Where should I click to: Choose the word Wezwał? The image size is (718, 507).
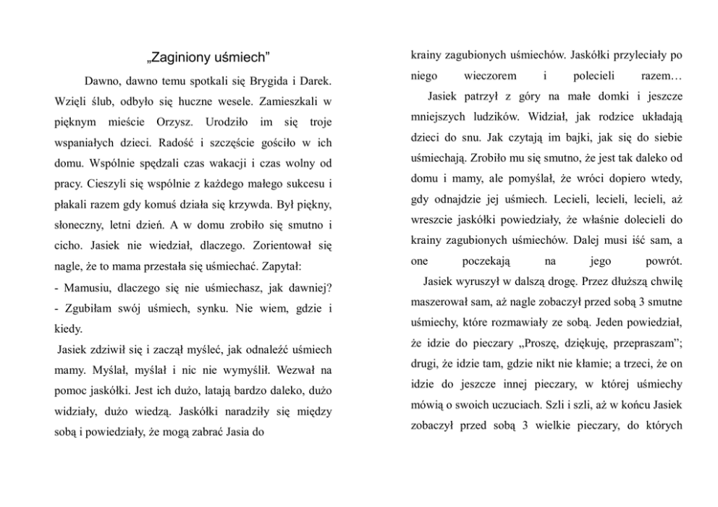300,370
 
